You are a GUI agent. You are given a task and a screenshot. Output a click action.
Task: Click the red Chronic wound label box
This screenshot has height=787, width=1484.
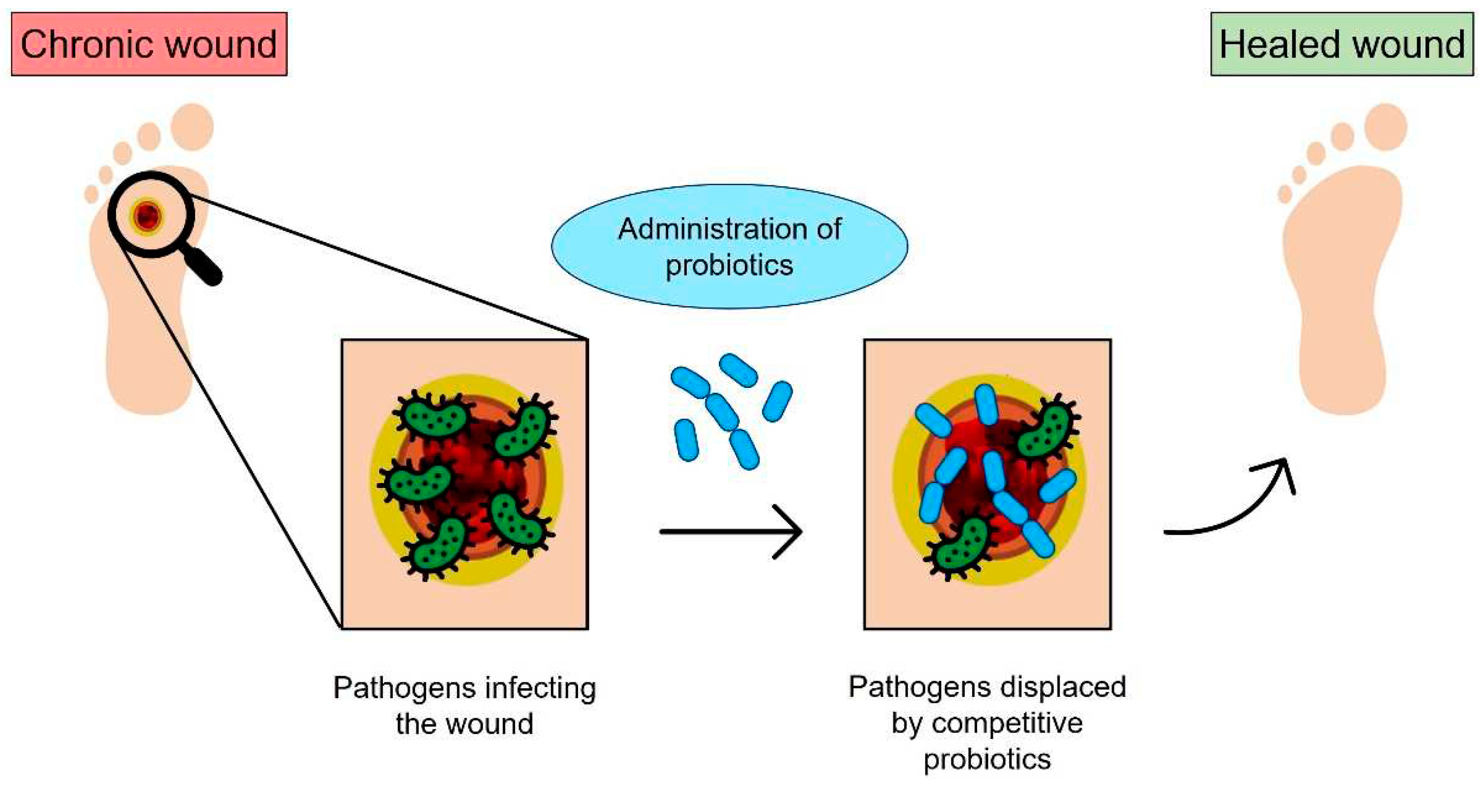[149, 44]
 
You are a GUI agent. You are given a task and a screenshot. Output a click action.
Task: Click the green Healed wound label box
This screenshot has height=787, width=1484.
[1342, 44]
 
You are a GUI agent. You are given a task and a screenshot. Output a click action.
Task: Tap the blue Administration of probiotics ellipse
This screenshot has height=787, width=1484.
[729, 246]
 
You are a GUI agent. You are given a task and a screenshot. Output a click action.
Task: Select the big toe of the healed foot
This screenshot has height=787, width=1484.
[1386, 127]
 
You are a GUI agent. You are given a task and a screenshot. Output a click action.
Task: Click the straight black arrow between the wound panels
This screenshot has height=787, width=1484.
[731, 531]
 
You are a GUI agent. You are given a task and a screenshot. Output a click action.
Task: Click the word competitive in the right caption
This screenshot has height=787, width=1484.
[1007, 723]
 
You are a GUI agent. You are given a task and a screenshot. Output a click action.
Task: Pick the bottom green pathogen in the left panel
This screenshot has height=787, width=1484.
[441, 545]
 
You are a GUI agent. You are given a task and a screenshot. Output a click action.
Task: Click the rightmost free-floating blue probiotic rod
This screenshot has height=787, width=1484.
[777, 401]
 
